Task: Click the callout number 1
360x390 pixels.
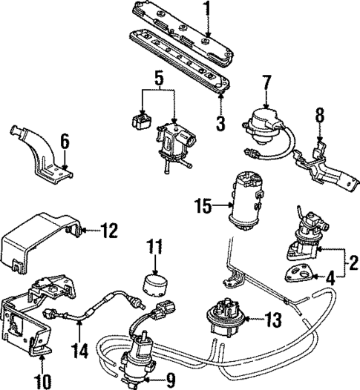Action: [x=208, y=10]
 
